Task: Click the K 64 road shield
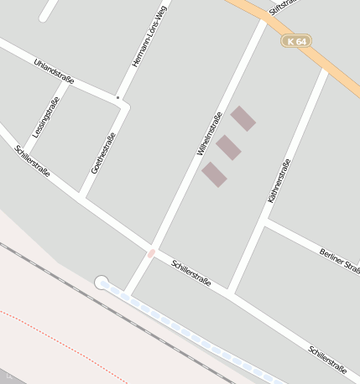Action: point(296,41)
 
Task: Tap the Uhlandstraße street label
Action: point(55,72)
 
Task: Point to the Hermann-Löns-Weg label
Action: point(144,45)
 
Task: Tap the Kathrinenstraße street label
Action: point(279,180)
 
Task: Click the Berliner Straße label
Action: point(340,261)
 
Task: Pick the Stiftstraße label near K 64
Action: point(284,8)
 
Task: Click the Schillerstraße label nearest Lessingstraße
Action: point(33,162)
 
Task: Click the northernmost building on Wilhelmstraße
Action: point(243,118)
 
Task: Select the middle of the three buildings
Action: point(228,148)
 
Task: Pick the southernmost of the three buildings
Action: point(214,174)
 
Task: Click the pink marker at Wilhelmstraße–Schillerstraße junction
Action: point(151,252)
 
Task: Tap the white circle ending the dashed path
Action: point(102,283)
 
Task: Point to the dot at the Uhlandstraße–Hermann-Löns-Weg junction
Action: point(117,98)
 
